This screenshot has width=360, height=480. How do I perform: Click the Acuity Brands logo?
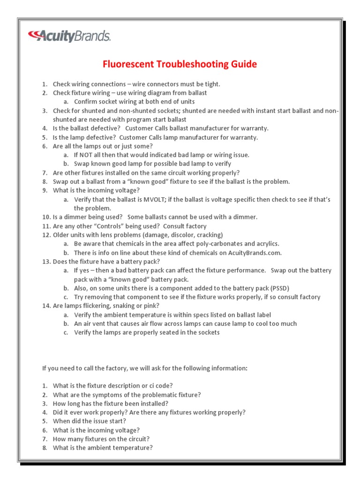point(69,36)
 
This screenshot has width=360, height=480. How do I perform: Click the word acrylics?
point(267,244)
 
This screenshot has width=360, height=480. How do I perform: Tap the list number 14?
point(46,306)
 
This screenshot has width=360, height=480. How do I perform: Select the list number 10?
point(46,217)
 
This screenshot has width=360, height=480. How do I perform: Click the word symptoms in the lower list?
point(103,395)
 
